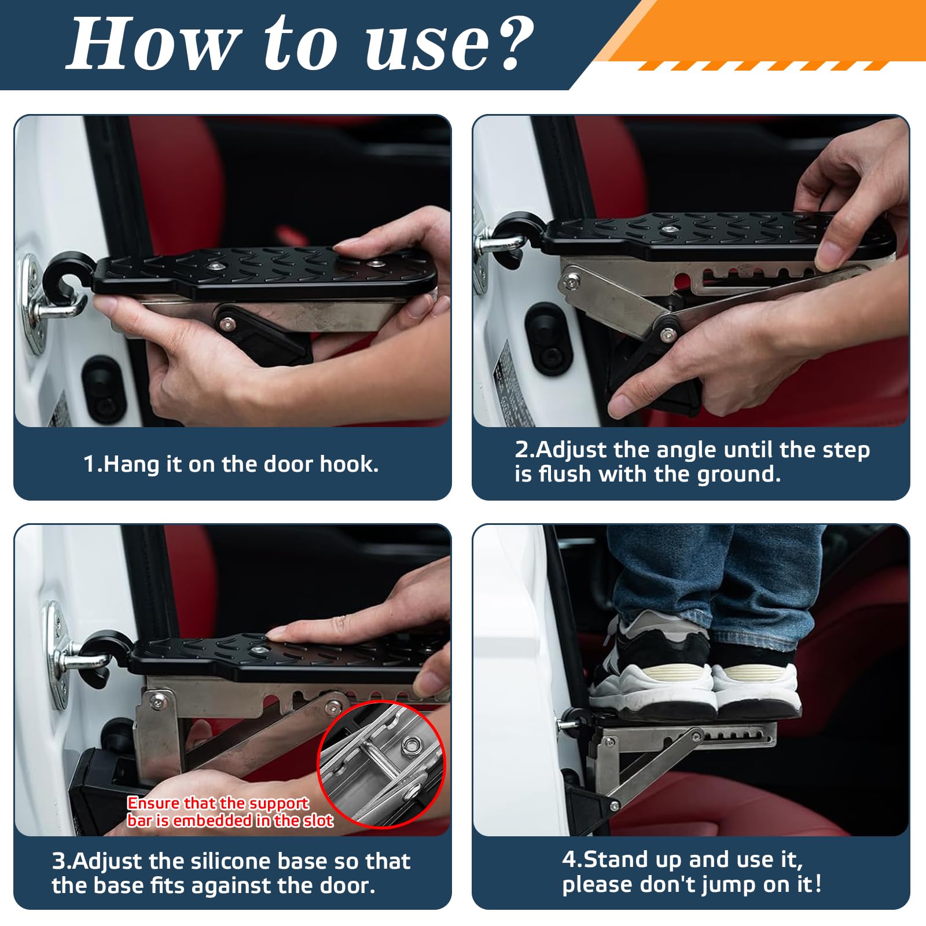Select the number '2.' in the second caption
point(524,450)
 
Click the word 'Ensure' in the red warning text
point(153,803)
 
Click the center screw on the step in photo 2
point(670,230)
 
